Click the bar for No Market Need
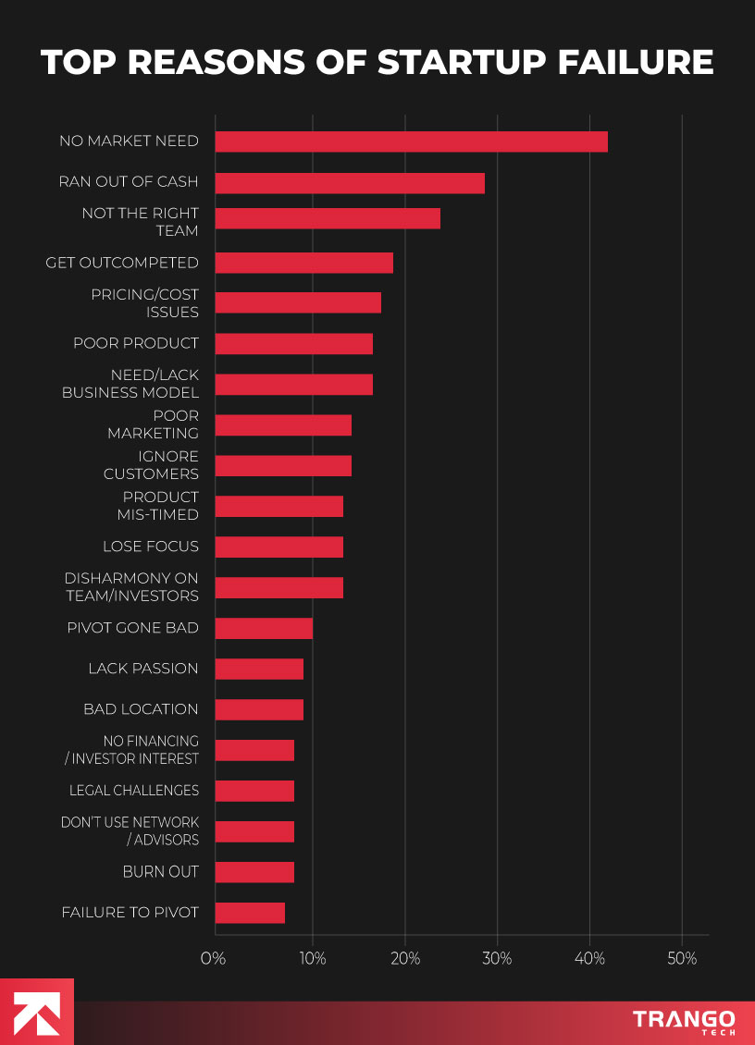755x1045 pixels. click(x=411, y=141)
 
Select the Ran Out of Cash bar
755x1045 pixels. click(x=350, y=182)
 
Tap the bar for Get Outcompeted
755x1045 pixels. click(x=303, y=263)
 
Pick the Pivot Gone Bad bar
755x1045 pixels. click(x=264, y=629)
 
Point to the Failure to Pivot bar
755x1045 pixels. click(x=250, y=913)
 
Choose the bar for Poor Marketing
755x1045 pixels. click(x=283, y=425)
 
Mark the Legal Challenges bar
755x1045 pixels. click(x=254, y=791)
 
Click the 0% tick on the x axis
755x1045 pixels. click(x=214, y=959)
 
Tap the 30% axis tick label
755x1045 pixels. click(x=497, y=959)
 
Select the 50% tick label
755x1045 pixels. click(x=682, y=959)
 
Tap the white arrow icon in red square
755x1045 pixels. click(x=37, y=1012)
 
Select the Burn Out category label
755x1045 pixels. click(x=160, y=871)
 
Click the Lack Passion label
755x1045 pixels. click(x=143, y=669)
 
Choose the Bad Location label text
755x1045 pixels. click(x=141, y=709)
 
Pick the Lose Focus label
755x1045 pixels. click(x=151, y=547)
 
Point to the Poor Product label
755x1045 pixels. click(x=136, y=343)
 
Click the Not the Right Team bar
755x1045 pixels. click(x=328, y=218)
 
